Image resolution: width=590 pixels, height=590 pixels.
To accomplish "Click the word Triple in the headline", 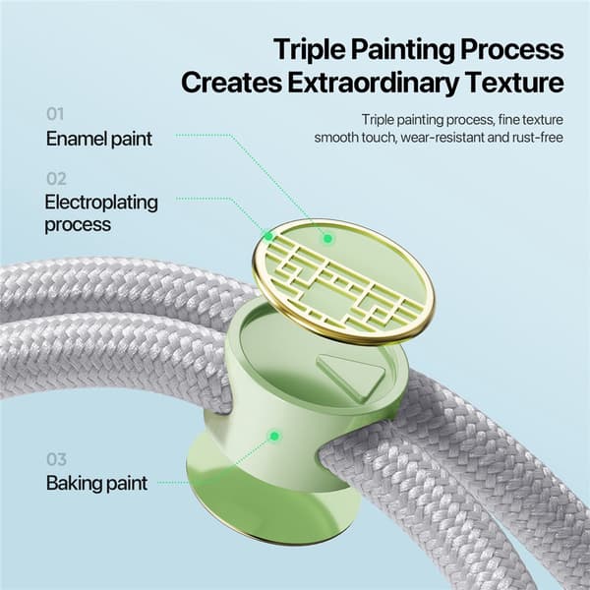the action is (x=310, y=50).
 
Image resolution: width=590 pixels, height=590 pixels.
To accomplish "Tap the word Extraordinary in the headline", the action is (x=374, y=83).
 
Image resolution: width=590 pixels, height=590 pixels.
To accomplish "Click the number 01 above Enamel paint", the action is (x=55, y=114).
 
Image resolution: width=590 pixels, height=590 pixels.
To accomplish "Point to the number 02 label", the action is (x=56, y=179).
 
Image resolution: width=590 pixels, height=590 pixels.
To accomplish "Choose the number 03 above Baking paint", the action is (x=56, y=459).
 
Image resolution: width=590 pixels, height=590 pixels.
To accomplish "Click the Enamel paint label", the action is (x=99, y=139).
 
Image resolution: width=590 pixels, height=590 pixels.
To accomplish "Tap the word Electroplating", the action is (x=101, y=203).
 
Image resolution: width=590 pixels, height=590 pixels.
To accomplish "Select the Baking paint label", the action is (x=96, y=484).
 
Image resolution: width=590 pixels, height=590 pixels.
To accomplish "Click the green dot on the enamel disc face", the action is (x=327, y=238).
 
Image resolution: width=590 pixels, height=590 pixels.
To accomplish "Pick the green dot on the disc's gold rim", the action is (x=268, y=236).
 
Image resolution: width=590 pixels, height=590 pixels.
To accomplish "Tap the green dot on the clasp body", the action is (x=274, y=437).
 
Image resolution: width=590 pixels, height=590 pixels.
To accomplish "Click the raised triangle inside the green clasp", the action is (x=353, y=376).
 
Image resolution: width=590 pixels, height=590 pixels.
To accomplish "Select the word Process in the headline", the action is (x=512, y=50).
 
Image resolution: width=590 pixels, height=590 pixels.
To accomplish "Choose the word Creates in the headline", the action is (x=231, y=83).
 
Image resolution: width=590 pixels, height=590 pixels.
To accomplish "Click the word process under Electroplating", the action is (x=78, y=225).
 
